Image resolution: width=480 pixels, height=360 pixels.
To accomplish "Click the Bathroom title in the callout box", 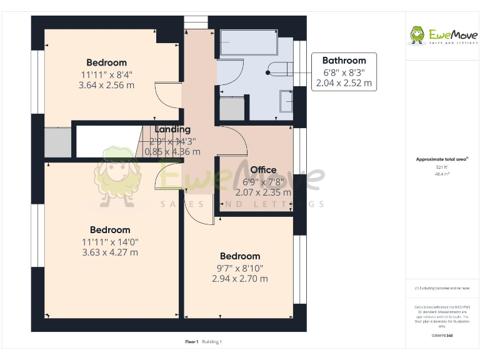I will click(344, 61).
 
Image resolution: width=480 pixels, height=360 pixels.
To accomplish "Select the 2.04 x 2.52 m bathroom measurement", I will click(344, 82).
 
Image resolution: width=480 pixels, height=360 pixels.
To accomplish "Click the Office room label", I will click(263, 170).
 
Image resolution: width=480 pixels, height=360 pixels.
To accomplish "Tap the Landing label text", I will click(172, 129).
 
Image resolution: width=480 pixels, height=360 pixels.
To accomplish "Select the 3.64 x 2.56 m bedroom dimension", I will click(106, 85).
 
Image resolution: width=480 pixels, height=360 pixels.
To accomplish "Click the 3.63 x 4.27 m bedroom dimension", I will click(110, 252).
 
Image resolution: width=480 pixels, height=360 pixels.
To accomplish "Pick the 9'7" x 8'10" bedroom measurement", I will click(240, 267).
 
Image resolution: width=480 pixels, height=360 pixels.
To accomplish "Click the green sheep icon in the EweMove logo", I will click(417, 35).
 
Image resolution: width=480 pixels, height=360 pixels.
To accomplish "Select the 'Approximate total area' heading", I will click(442, 159).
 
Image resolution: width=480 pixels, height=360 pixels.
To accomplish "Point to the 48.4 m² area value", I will click(442, 174).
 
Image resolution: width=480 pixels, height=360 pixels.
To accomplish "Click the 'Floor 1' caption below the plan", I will click(192, 342).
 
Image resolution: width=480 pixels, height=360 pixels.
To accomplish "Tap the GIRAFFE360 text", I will click(442, 336).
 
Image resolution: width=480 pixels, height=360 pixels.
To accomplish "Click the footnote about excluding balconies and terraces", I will click(442, 288).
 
